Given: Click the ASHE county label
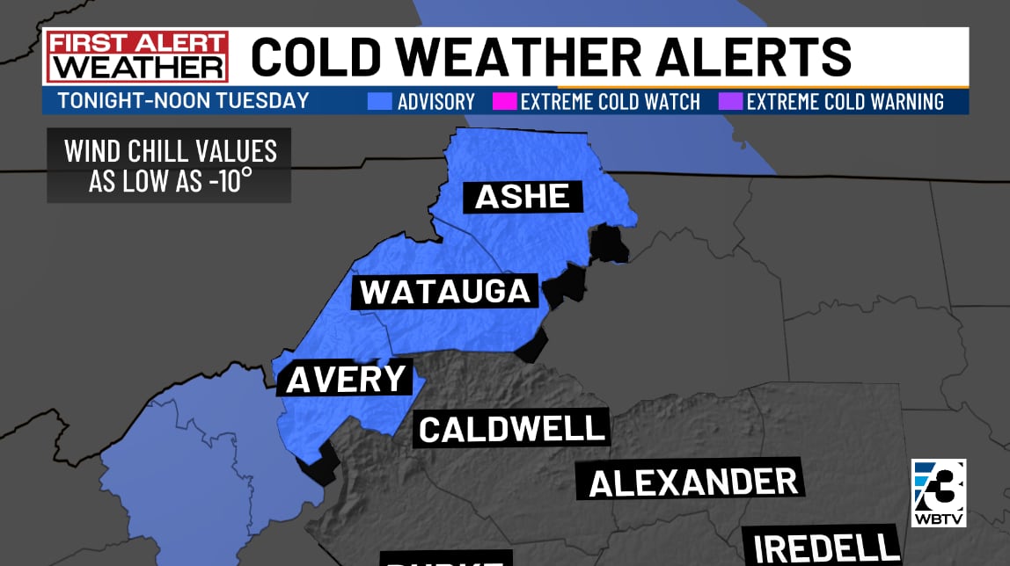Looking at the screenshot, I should pyautogui.click(x=523, y=195).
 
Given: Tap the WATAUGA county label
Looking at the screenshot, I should pyautogui.click(x=445, y=291).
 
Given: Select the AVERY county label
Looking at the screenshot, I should pyautogui.click(x=346, y=379).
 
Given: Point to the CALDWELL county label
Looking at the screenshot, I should pyautogui.click(x=512, y=429).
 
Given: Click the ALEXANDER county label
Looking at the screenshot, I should pyautogui.click(x=693, y=482).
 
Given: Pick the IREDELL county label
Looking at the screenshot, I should pyautogui.click(x=822, y=545).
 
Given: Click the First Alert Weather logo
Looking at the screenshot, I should pyautogui.click(x=137, y=56).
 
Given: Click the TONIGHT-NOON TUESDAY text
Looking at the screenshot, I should pyautogui.click(x=183, y=100).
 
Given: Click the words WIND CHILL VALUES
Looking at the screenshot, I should pyautogui.click(x=170, y=151).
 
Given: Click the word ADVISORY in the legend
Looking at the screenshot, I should pyautogui.click(x=435, y=102).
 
